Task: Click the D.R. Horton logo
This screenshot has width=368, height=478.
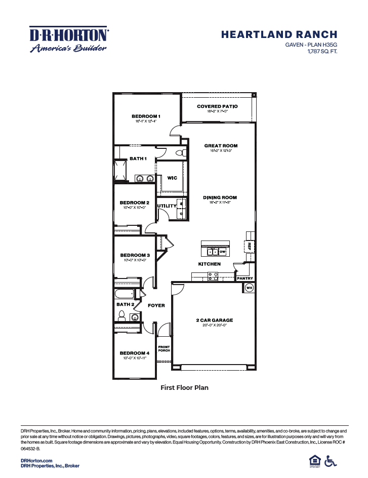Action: click(69, 39)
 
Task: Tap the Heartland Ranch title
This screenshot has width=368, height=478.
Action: click(279, 34)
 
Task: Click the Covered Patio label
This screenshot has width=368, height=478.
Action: click(217, 106)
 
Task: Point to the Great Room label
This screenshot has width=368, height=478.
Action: click(221, 146)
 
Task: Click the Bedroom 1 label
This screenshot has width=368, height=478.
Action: click(146, 116)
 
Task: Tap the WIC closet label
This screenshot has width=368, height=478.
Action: click(172, 178)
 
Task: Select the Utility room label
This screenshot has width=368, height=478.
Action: click(167, 206)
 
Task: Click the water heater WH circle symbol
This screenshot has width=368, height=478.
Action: click(249, 288)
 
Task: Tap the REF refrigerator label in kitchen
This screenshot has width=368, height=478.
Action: click(250, 246)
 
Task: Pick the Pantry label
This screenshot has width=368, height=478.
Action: click(244, 278)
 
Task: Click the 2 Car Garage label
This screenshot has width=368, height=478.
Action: click(214, 320)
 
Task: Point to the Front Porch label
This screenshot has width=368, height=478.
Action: click(163, 348)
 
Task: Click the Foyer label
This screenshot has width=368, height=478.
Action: click(156, 305)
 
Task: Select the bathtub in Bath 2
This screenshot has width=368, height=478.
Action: click(124, 294)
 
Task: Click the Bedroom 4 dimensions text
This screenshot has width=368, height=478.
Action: click(134, 358)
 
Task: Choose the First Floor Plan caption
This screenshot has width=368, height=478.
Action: click(184, 387)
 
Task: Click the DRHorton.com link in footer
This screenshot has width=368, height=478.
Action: click(36, 460)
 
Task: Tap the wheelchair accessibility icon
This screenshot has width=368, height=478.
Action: click(331, 461)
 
